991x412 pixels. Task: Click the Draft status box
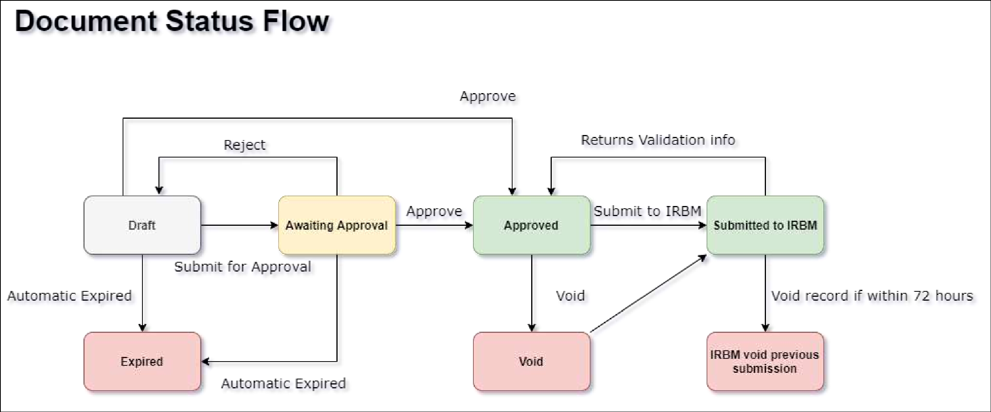point(142,225)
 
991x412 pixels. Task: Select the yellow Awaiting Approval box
point(336,225)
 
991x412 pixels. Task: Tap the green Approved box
point(531,225)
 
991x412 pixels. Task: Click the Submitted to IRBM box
point(765,225)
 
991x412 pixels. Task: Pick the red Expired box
point(142,361)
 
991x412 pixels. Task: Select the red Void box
point(531,361)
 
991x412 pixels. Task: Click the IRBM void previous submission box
point(765,361)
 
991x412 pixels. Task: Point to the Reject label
point(244,145)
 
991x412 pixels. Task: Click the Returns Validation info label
point(658,140)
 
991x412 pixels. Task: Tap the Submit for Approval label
point(243,267)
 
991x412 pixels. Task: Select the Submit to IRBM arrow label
point(647,211)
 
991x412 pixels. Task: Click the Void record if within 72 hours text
point(872,296)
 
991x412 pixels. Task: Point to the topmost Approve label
point(487,96)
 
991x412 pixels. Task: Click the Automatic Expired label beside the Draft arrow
point(69,296)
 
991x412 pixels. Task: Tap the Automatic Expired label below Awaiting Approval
point(283,383)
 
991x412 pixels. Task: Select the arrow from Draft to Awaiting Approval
point(239,225)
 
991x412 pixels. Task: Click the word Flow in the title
point(296,21)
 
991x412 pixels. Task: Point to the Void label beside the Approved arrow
point(570,296)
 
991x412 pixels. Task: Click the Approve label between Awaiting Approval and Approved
point(434,211)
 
